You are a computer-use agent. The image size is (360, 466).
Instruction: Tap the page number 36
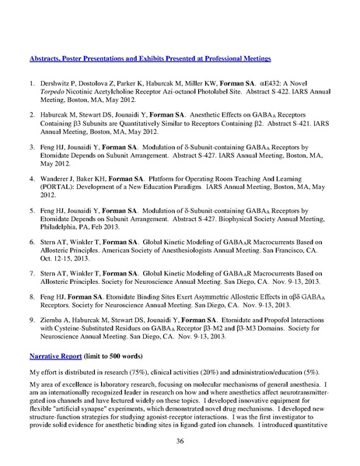point(180,441)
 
